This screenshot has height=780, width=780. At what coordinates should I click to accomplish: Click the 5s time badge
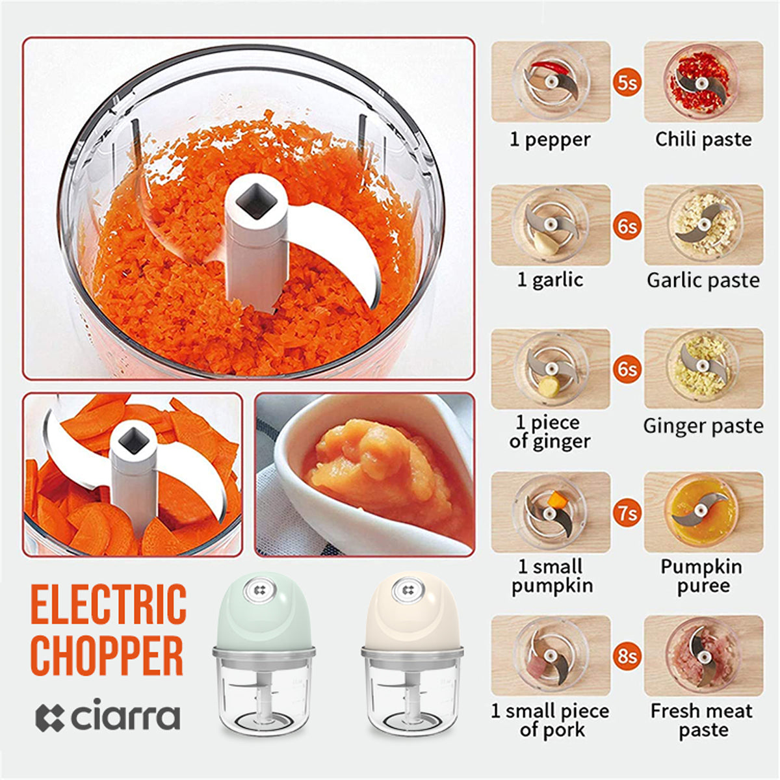[x=627, y=83]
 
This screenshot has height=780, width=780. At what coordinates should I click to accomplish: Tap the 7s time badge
[x=627, y=513]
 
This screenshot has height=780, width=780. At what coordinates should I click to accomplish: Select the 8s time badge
[x=627, y=656]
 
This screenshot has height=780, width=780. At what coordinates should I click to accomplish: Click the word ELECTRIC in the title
[x=109, y=610]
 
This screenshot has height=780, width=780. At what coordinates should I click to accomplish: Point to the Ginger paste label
[x=703, y=426]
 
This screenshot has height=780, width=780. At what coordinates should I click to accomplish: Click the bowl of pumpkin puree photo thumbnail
[x=365, y=474]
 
